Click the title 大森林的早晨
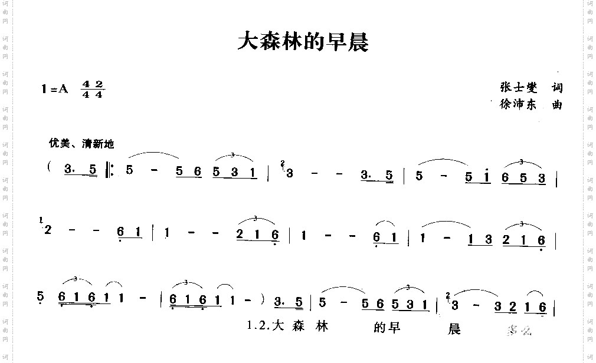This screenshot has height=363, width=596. [302, 41]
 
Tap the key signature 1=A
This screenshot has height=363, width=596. [55, 89]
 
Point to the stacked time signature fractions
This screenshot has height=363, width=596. [93, 90]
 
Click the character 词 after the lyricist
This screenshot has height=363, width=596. [556, 88]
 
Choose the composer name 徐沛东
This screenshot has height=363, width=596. [517, 105]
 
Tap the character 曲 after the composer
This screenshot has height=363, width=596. [556, 105]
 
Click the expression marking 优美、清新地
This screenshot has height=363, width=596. [81, 143]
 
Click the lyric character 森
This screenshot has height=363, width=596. [299, 326]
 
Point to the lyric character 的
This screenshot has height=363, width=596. [379, 328]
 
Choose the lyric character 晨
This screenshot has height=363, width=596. [454, 328]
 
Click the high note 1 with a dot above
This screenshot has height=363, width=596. [486, 176]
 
